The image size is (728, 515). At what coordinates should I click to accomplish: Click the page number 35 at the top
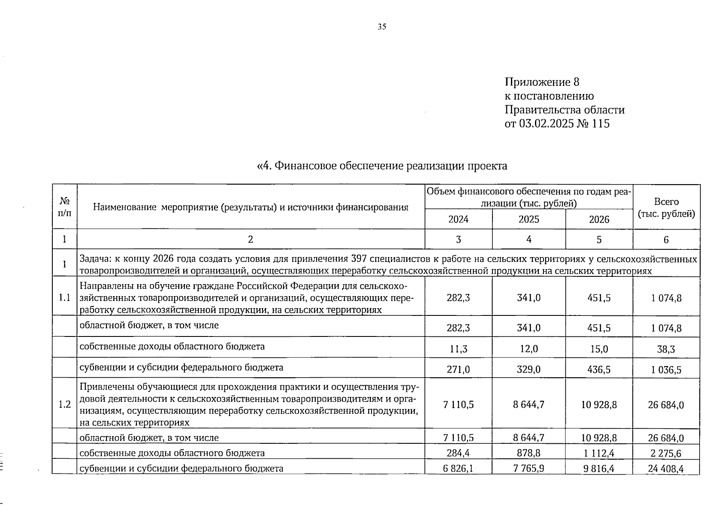click(382, 27)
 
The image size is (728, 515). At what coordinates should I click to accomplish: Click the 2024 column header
click(458, 219)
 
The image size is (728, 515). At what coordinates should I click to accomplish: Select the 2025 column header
click(529, 219)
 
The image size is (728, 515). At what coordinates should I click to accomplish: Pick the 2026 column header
click(599, 219)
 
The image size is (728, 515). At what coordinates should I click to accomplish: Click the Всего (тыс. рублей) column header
click(666, 208)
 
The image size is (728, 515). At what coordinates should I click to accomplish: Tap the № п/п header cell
click(64, 207)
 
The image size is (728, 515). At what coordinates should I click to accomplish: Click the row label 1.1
click(64, 297)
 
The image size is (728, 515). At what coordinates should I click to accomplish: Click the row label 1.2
click(64, 404)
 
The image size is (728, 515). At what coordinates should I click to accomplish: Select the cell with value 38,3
click(666, 349)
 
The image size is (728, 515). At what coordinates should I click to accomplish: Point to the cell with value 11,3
click(458, 349)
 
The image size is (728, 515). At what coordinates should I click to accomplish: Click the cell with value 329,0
click(529, 370)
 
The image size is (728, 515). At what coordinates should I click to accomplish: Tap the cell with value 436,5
click(599, 370)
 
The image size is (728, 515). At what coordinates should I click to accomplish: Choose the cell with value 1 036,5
click(666, 370)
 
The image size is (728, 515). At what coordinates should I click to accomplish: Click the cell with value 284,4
click(458, 453)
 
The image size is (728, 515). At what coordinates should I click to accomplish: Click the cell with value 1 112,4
click(599, 453)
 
